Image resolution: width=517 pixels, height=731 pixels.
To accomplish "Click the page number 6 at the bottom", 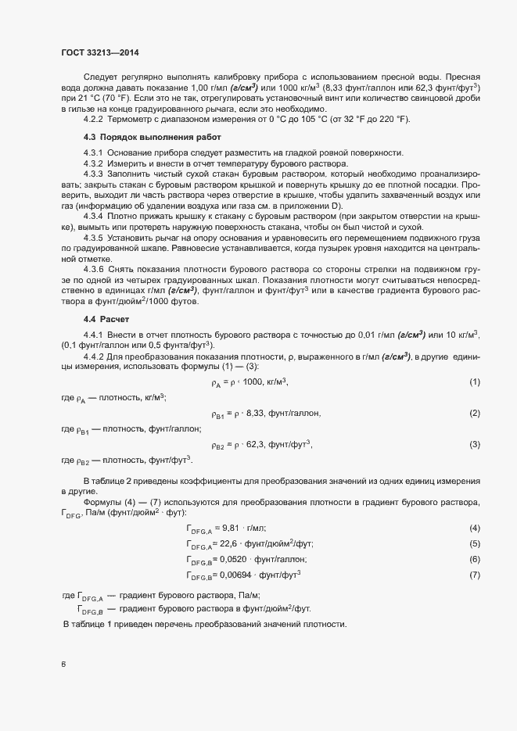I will pos(64,665).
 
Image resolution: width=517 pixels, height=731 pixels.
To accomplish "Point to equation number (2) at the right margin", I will pos(474,412).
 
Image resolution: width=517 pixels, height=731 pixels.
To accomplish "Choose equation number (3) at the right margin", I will pos(474,444).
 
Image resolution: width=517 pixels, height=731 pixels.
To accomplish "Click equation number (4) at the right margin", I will pos(474,529).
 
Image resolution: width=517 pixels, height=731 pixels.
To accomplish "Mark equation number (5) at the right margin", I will pos(474,544).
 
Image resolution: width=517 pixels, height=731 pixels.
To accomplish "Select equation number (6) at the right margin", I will pos(474,560).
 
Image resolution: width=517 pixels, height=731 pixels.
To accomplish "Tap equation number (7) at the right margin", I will pos(474,575).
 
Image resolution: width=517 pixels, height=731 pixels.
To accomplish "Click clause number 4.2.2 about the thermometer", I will pos(93,118).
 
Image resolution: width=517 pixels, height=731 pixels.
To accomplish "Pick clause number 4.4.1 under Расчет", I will pos(93,335).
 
